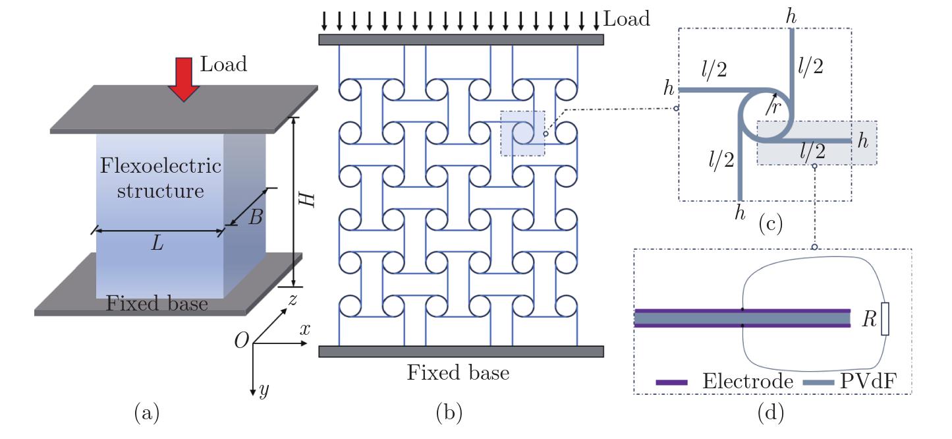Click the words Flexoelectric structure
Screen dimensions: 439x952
click(161, 178)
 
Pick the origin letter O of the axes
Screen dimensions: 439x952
click(242, 340)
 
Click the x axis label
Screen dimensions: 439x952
click(304, 330)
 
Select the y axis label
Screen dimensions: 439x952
click(264, 390)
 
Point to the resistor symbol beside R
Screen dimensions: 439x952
click(885, 319)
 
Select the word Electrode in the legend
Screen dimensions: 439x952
click(748, 381)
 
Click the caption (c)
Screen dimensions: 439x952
click(770, 224)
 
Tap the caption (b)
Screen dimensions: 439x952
click(449, 414)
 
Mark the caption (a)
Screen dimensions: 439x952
click(147, 414)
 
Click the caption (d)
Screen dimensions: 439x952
click(770, 414)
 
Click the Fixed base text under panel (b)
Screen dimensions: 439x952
click(458, 373)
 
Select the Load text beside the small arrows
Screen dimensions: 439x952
click(627, 18)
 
